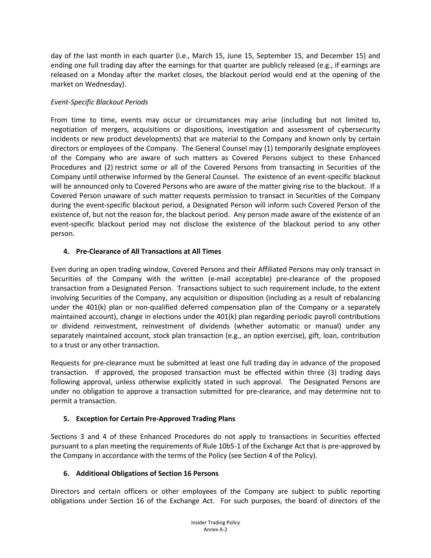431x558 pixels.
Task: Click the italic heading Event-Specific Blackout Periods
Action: pos(99,102)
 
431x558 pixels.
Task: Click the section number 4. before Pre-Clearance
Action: pos(66,251)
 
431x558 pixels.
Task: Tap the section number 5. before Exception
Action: pos(66,419)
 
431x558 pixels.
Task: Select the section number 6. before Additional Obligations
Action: pos(66,474)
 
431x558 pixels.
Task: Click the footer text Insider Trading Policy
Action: pos(215,523)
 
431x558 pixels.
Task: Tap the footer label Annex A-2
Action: pos(215,530)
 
